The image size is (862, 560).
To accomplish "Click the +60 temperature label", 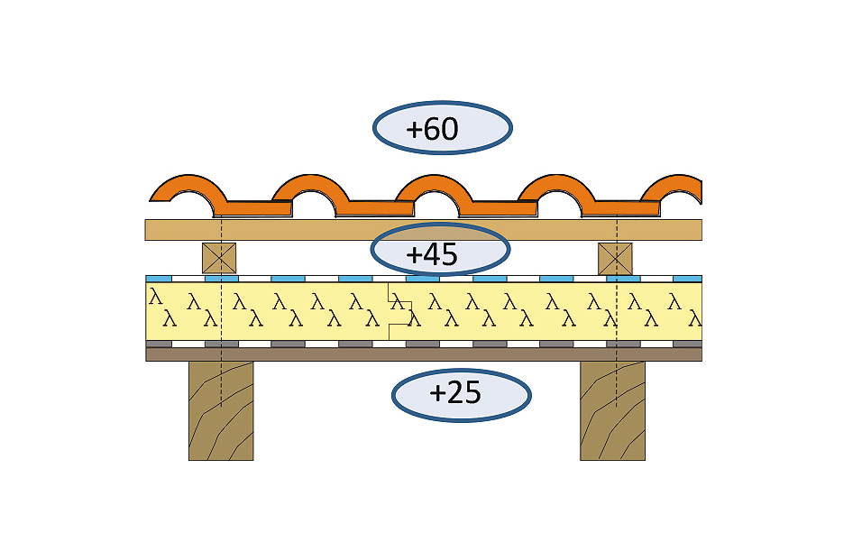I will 442,128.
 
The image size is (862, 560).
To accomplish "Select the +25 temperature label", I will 461,394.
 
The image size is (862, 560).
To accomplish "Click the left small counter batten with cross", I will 218,258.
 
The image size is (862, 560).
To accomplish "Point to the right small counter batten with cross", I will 615,258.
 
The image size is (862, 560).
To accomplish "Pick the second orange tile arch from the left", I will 311,186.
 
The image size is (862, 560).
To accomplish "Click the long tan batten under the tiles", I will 423,230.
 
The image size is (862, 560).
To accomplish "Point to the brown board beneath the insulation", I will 423,354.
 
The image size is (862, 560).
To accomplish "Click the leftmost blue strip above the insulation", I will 158,279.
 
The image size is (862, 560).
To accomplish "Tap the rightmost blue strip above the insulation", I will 687,279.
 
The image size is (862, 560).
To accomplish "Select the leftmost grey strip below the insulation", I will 159,344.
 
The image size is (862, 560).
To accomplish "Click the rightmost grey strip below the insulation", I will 687,344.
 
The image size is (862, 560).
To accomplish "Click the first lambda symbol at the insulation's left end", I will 155,295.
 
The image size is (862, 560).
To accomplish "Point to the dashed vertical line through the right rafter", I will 616,379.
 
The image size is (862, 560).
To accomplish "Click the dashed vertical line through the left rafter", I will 221,379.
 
